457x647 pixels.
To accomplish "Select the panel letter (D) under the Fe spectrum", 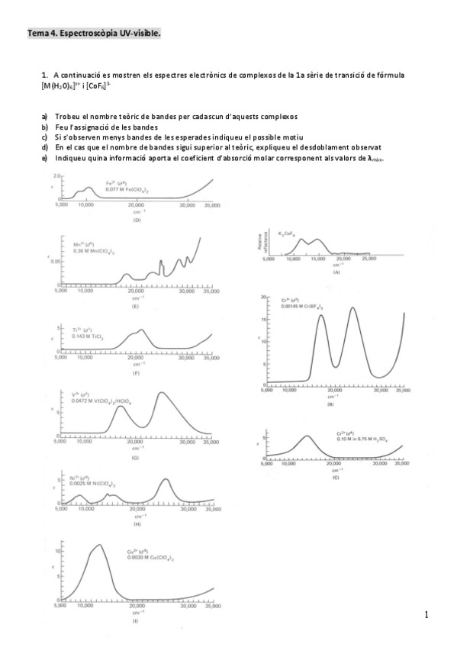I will (x=137, y=220).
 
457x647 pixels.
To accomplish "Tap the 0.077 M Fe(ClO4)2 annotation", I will (x=104, y=188).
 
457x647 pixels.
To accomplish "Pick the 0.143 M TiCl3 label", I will (x=88, y=336).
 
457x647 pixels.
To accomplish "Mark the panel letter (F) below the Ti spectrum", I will (x=136, y=373).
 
